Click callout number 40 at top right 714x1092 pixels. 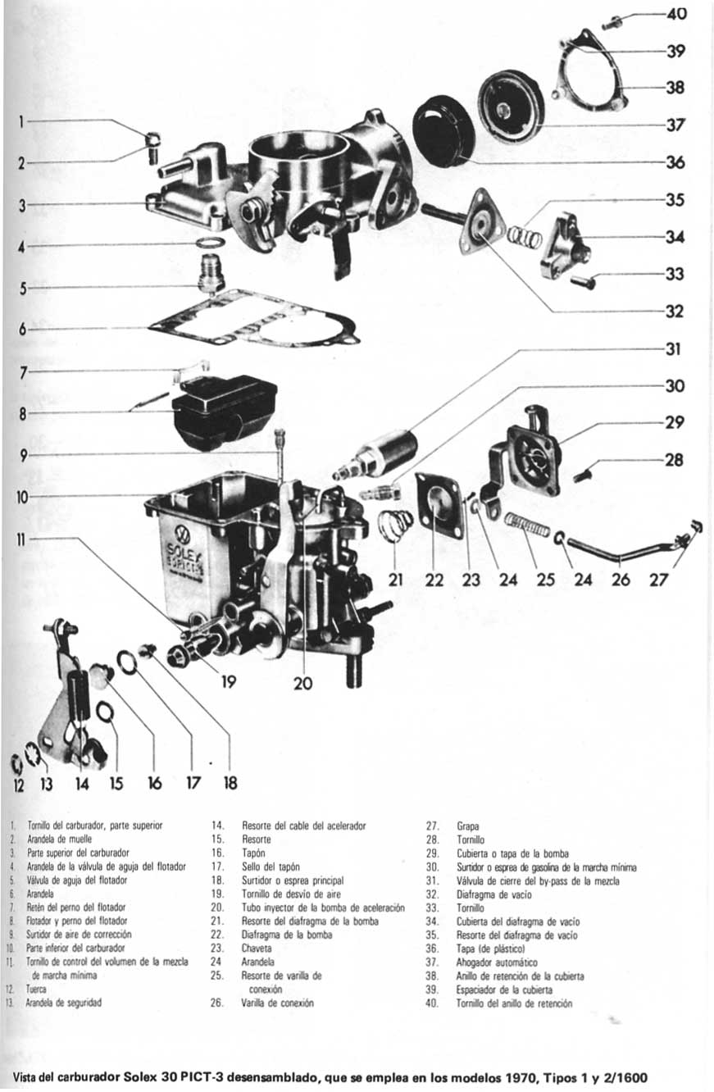[677, 14]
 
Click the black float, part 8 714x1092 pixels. [223, 410]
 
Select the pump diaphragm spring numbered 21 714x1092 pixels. [396, 524]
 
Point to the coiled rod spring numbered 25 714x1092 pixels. [525, 525]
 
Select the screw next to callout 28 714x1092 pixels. [583, 475]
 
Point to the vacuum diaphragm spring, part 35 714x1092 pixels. [524, 237]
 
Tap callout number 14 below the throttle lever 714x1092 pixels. [82, 784]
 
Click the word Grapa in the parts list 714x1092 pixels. [468, 826]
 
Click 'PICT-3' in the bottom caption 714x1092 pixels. [200, 1078]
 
